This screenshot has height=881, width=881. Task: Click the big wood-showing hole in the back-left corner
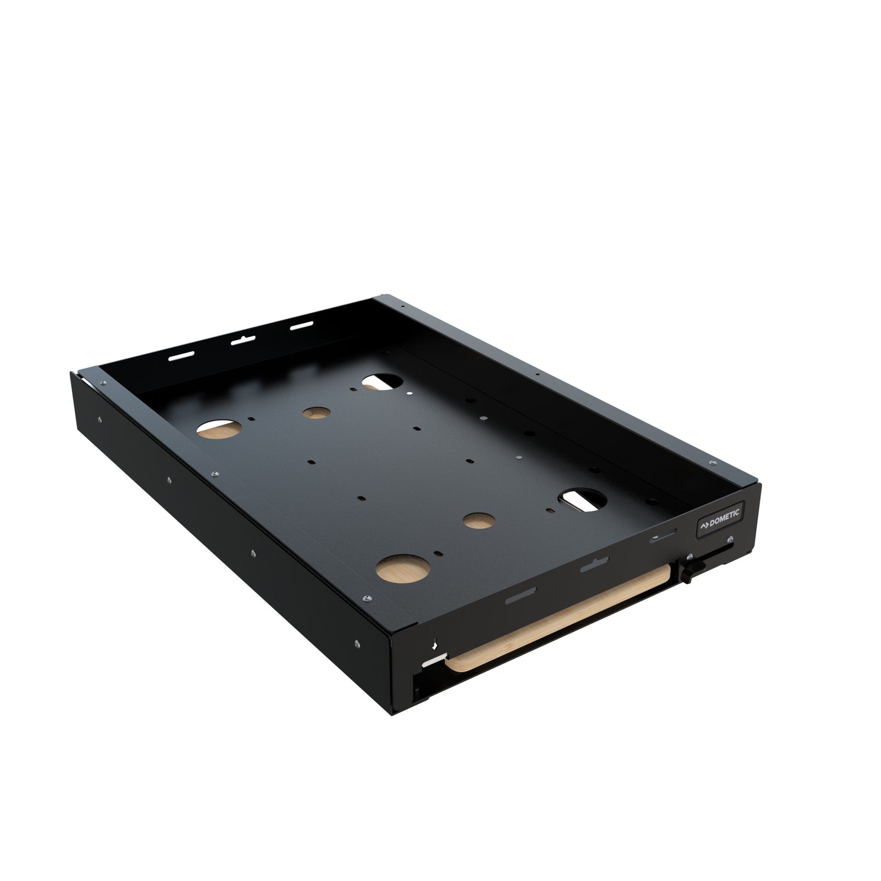219,428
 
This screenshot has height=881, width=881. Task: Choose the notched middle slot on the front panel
594,566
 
